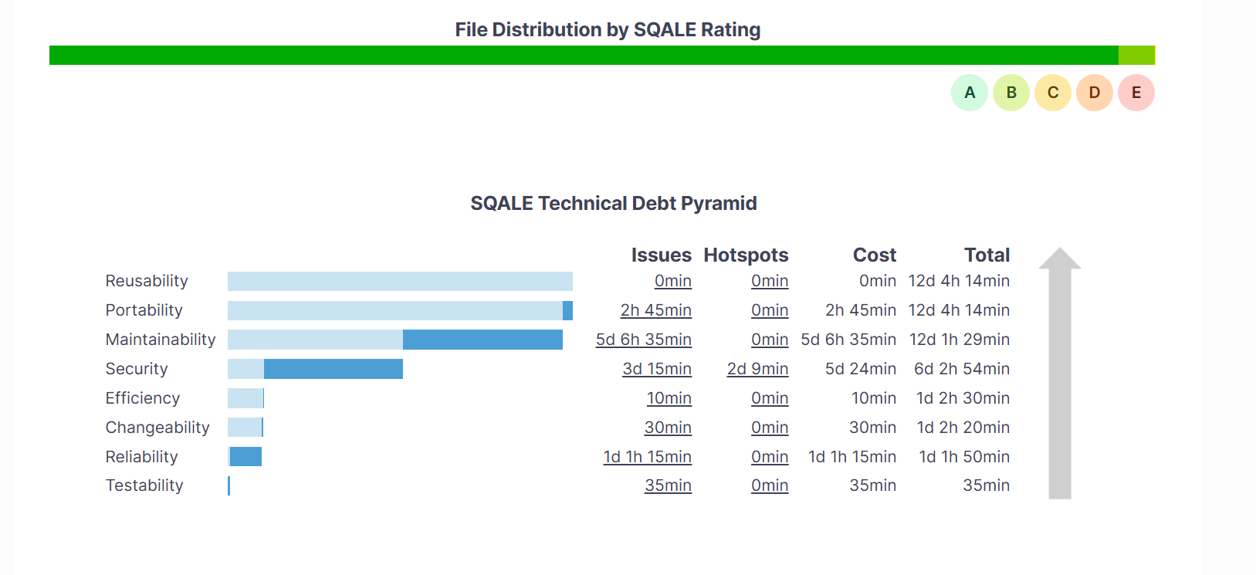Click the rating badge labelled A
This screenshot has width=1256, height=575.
(x=970, y=93)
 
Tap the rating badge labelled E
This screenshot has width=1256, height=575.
(x=1136, y=93)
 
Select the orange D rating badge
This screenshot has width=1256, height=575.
(x=1095, y=93)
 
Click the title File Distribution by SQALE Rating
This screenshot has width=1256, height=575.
(x=608, y=29)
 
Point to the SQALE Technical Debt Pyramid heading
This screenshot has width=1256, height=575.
(x=614, y=203)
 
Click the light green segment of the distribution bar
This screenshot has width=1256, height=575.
(x=1136, y=55)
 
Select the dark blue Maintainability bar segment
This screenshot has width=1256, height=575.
(x=482, y=340)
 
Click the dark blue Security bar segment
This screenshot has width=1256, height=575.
(x=333, y=369)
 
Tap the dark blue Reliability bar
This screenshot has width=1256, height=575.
(x=246, y=457)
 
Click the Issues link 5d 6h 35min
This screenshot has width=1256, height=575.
(x=644, y=340)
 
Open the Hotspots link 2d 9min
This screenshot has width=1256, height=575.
(x=757, y=369)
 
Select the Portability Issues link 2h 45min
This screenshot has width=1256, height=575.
(x=656, y=310)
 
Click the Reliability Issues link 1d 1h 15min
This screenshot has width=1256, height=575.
(x=647, y=457)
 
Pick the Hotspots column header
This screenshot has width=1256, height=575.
(x=746, y=255)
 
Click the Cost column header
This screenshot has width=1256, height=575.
(x=874, y=255)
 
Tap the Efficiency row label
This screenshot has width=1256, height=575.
(x=143, y=398)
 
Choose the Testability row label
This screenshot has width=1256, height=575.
(x=144, y=485)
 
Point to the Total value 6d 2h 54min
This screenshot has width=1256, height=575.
(x=962, y=369)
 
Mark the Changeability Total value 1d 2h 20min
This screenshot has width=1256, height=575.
(x=963, y=428)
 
